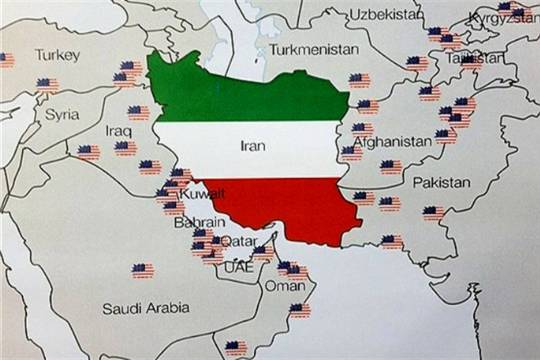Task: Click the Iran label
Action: click(253, 145)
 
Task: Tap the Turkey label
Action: click(57, 55)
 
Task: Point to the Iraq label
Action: click(119, 130)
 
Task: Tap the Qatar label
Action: click(237, 241)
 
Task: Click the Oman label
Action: click(284, 286)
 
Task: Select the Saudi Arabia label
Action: click(145, 309)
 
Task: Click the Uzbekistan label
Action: click(386, 14)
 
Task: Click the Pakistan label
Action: click(441, 183)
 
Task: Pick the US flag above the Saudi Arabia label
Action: click(142, 270)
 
